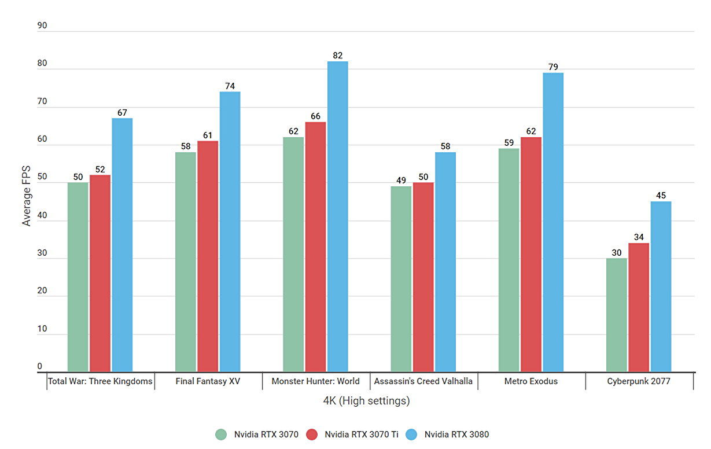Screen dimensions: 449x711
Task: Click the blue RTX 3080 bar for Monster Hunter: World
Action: tap(337, 216)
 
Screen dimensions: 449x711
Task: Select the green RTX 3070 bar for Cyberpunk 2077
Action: tap(617, 315)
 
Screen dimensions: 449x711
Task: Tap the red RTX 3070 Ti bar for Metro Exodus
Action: tap(531, 255)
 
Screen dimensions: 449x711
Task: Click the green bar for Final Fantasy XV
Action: tap(185, 262)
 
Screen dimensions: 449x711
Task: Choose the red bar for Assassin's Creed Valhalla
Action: tap(423, 277)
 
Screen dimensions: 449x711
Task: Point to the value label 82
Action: tap(338, 56)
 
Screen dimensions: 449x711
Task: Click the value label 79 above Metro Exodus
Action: tap(553, 67)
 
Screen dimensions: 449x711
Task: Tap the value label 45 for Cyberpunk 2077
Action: tap(661, 196)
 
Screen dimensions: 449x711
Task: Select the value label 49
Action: tap(401, 181)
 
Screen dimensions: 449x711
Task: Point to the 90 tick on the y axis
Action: tap(42, 26)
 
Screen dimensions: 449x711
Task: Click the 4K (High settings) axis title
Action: tap(366, 400)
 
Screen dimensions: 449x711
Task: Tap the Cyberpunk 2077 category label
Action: tap(639, 381)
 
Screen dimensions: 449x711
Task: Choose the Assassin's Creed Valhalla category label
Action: tap(423, 381)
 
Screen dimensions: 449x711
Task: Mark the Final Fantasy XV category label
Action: tap(207, 381)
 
